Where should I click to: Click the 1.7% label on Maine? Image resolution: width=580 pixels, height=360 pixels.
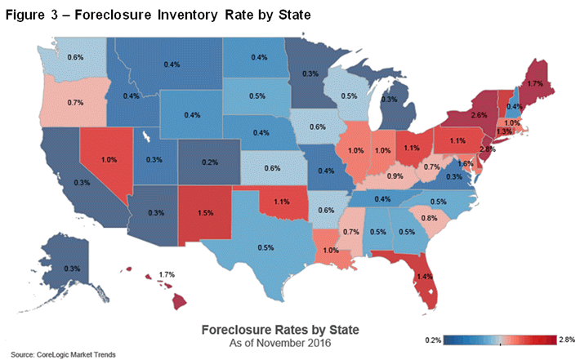click(537, 83)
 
